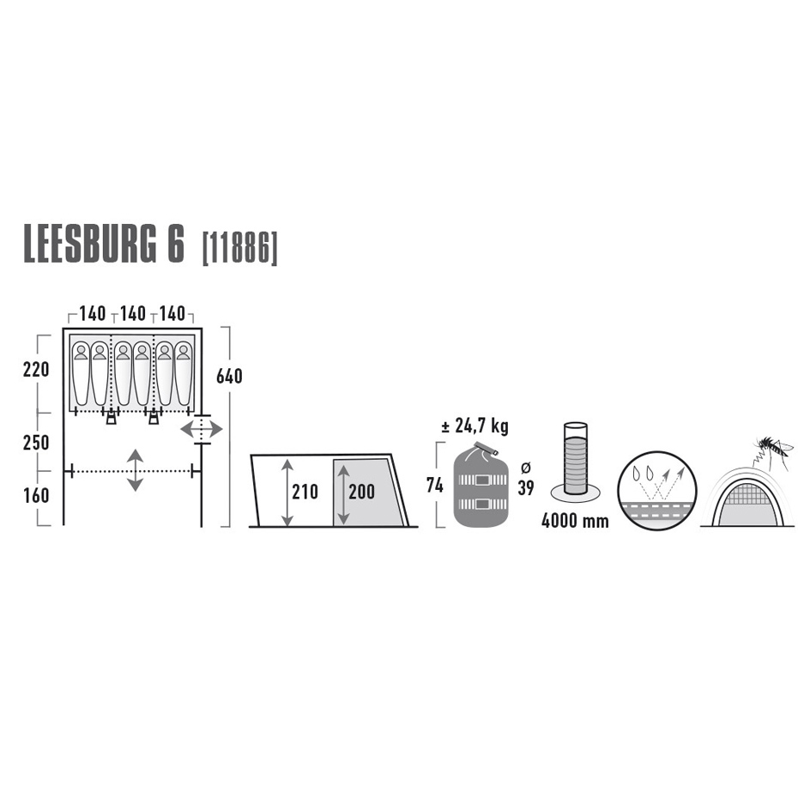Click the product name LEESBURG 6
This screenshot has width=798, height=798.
(x=103, y=247)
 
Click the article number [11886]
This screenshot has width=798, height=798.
(x=239, y=249)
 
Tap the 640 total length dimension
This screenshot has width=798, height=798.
(x=229, y=377)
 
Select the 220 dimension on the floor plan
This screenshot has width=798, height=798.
(x=36, y=370)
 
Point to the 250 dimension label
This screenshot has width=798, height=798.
(x=36, y=443)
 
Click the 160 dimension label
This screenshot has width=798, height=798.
(x=36, y=496)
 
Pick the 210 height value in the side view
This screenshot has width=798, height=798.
(x=305, y=492)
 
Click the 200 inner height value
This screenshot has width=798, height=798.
(x=362, y=492)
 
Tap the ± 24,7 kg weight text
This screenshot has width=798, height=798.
(x=475, y=426)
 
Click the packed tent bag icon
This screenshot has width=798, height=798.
(x=481, y=485)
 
